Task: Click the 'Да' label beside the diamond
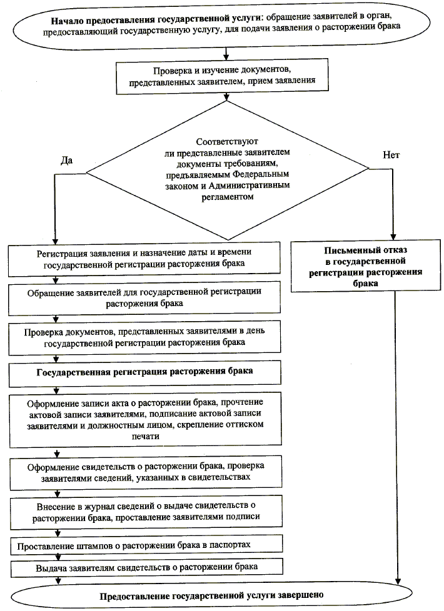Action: (x=67, y=160)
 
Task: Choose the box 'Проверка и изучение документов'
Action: (x=225, y=75)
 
